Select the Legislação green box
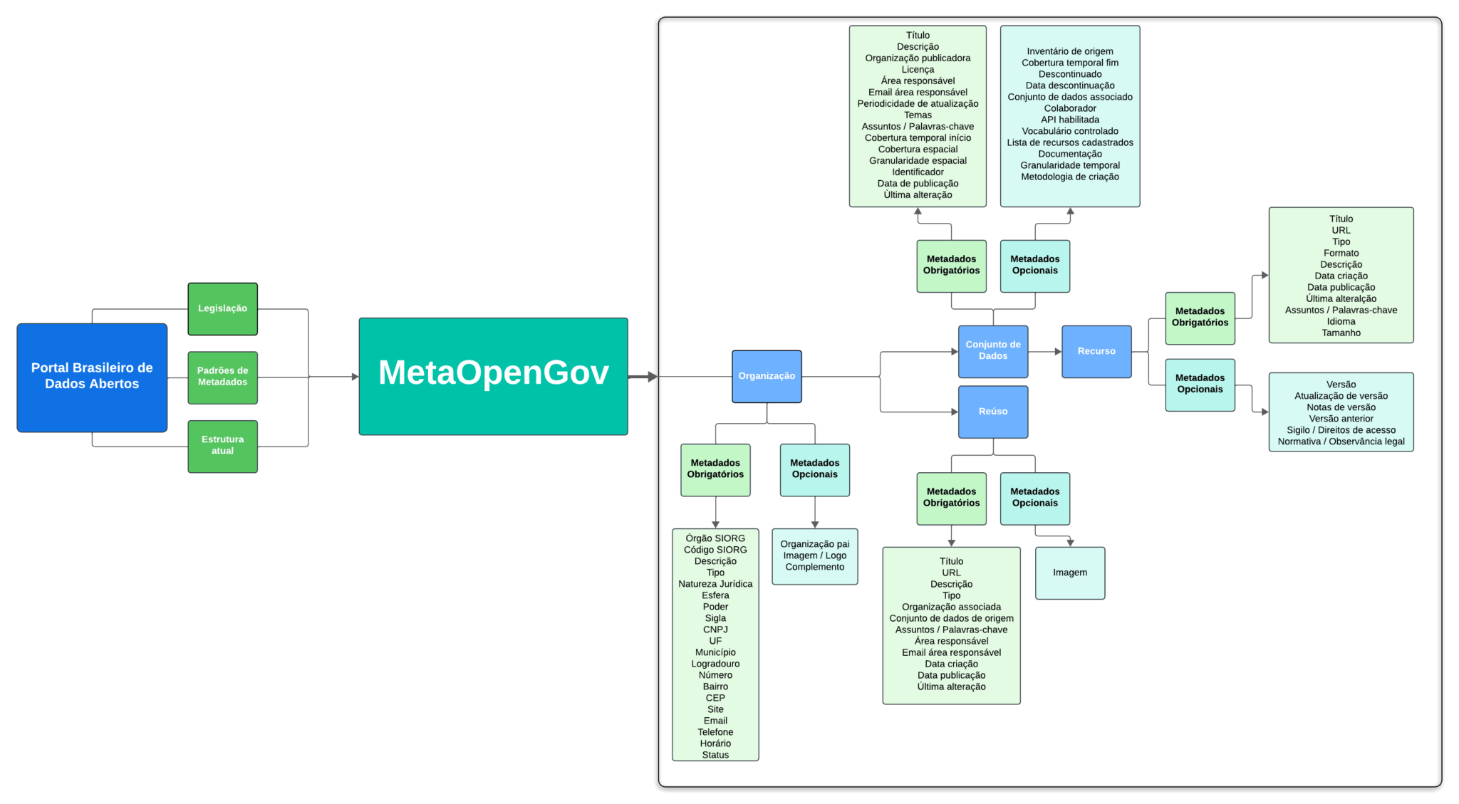[222, 309]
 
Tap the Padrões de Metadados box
[222, 377]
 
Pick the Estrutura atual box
[222, 446]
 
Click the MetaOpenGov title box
[493, 376]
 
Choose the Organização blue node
[767, 376]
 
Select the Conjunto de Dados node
[992, 351]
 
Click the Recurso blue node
[1096, 351]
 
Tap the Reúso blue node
[992, 412]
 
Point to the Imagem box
[1070, 573]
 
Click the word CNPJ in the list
[715, 630]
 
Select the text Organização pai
[814, 544]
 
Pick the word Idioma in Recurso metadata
[1341, 322]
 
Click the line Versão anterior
[1341, 419]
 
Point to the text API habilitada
[1069, 120]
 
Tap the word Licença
[918, 70]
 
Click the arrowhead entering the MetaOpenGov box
[355, 377]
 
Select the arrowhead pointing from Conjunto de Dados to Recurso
[1058, 351]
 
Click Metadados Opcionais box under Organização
[814, 469]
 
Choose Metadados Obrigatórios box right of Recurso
[1200, 318]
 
